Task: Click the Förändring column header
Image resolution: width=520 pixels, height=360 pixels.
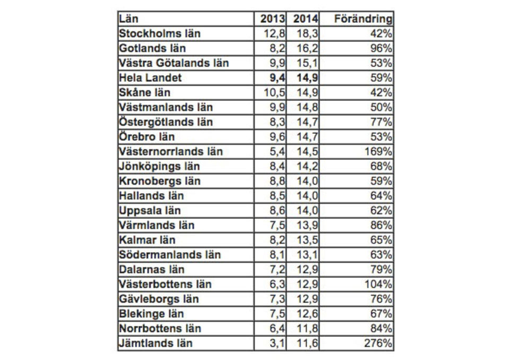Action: (x=363, y=19)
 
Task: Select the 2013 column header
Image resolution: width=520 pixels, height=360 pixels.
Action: (x=272, y=19)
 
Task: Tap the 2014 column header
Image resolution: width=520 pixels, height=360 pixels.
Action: (x=304, y=19)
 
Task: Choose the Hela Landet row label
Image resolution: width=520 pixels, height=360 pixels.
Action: (x=151, y=78)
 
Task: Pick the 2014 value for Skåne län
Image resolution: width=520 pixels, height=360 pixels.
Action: (x=308, y=92)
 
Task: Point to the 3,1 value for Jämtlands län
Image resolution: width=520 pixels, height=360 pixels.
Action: (x=277, y=343)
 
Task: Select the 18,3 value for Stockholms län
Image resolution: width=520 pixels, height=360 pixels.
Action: (x=308, y=33)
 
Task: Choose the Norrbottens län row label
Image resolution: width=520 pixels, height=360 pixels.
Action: (x=160, y=328)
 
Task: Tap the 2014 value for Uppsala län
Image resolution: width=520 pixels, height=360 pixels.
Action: (x=308, y=210)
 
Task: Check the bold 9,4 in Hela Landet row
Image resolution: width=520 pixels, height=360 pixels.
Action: (x=276, y=78)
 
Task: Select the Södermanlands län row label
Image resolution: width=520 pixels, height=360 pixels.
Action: (x=170, y=255)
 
